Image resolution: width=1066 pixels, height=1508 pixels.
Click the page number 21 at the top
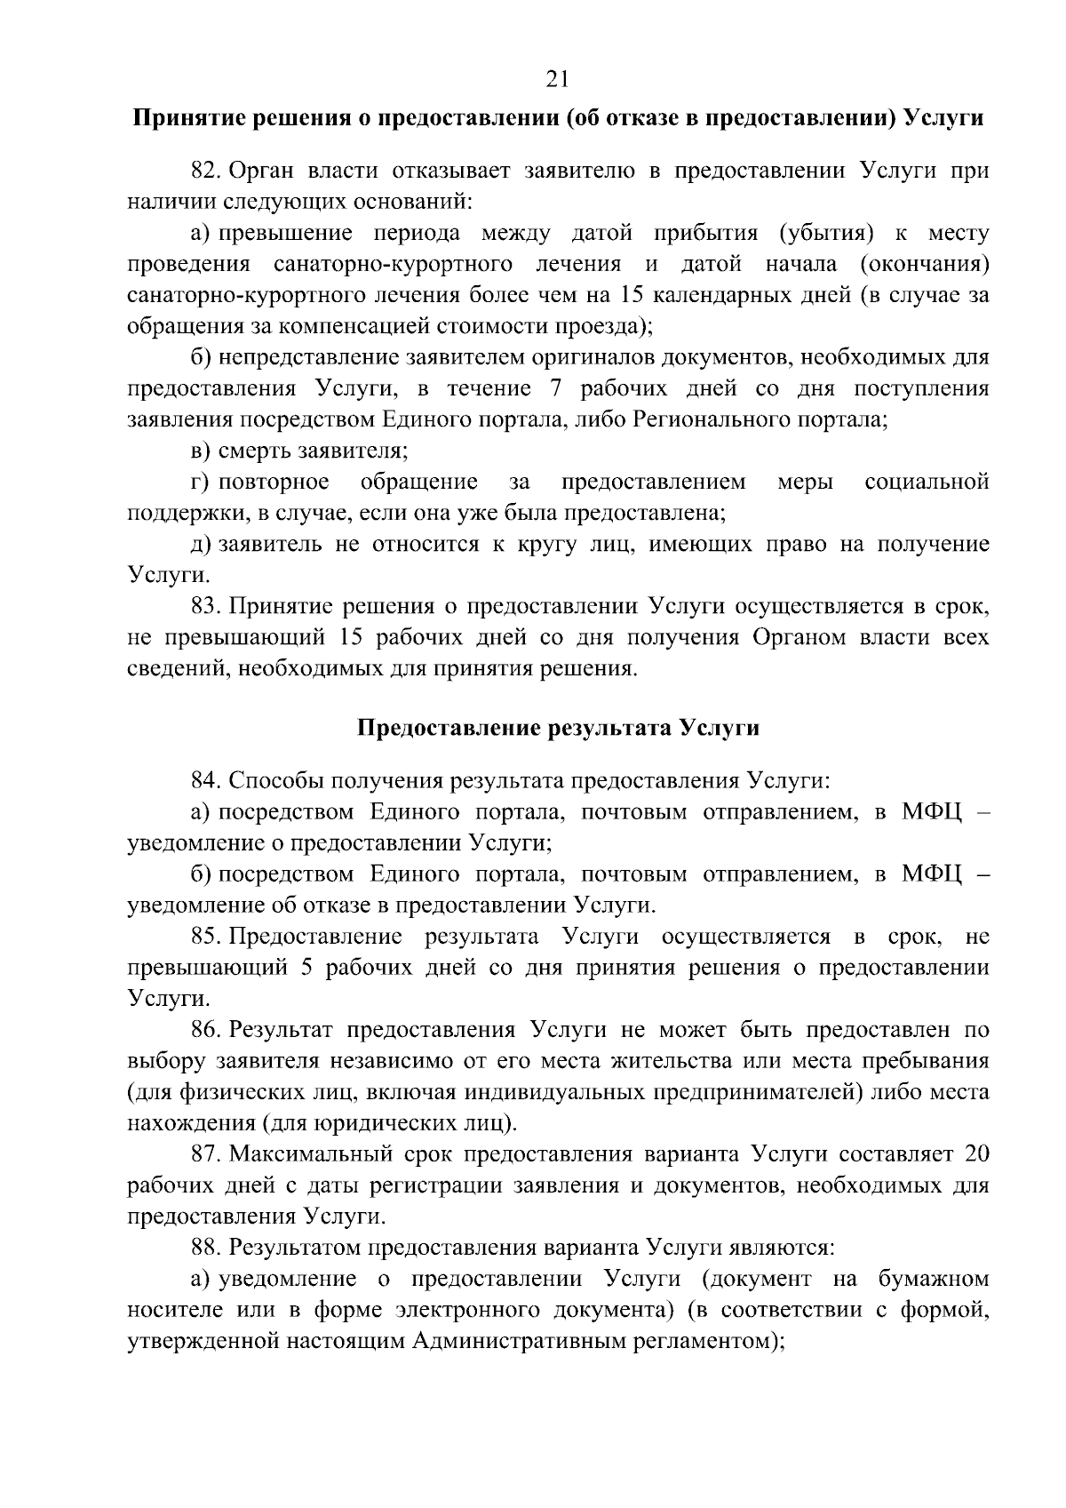click(557, 79)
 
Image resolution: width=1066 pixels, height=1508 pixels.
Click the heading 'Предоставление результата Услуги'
click(558, 729)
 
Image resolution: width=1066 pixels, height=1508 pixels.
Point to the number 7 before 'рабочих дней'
click(547, 388)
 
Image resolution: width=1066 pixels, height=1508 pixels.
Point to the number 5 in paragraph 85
click(306, 968)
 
